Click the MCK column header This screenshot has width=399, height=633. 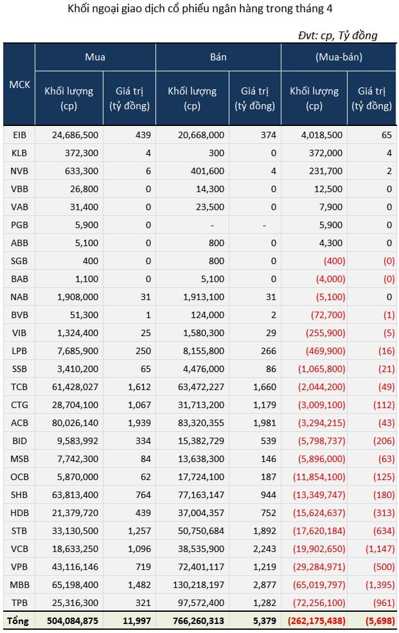tap(19, 84)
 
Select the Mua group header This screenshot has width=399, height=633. tap(95, 57)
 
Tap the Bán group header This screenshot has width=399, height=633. tap(218, 57)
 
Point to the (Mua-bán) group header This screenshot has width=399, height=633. tap(339, 57)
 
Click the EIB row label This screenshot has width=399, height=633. tap(19, 135)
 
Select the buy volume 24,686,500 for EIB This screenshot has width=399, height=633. tap(75, 135)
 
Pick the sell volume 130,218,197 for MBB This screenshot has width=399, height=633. tap(200, 585)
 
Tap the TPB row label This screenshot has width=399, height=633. tap(19, 603)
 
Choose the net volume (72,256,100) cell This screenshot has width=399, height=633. tap(321, 603)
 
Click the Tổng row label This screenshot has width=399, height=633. tap(18, 621)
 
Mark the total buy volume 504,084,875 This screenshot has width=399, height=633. tap(72, 621)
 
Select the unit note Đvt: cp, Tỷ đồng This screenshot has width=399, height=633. tap(338, 35)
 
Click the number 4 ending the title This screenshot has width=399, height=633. tap(330, 8)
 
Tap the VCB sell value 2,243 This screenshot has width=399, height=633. tap(265, 549)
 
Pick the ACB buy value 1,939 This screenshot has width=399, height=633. tap(139, 423)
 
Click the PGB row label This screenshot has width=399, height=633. tap(19, 225)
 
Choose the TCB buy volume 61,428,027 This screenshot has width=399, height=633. tap(75, 387)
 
